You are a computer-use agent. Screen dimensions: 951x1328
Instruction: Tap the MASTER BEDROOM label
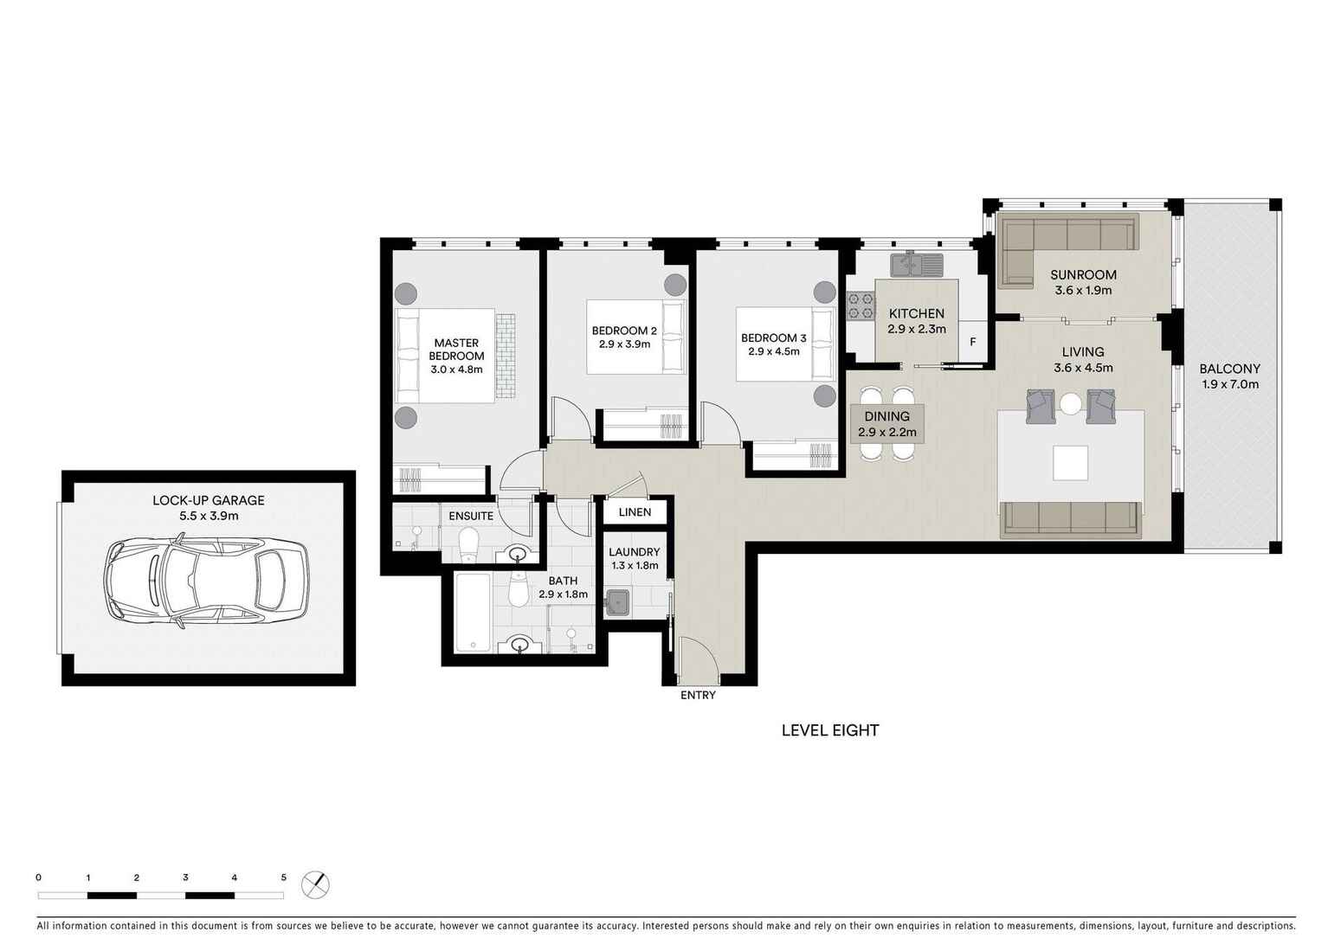coord(456,350)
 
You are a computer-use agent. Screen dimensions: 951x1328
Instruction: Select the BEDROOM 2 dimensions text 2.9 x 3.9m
coord(624,344)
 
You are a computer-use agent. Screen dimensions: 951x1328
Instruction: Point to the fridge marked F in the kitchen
coord(972,342)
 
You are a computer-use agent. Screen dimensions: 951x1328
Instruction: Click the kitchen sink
coord(914,262)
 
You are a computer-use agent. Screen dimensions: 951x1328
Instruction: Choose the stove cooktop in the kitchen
coord(861,306)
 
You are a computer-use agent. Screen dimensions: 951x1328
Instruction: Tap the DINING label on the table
coord(886,416)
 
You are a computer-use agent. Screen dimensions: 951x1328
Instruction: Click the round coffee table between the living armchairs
coord(1071,404)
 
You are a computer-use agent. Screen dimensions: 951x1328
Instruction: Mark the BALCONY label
coord(1229,369)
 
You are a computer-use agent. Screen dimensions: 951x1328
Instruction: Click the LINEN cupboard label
coord(635,512)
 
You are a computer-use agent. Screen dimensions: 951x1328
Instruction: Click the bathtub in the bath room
coord(472,612)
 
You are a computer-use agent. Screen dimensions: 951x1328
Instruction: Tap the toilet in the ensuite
coord(468,544)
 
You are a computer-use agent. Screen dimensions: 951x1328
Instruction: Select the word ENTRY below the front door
coord(698,695)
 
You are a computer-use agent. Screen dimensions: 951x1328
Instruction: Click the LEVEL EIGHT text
coord(829,730)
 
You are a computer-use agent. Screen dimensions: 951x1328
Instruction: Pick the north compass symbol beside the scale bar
coord(316,884)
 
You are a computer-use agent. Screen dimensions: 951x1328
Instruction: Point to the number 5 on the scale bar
coord(283,877)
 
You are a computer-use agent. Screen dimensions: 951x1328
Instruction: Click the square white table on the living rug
coord(1071,462)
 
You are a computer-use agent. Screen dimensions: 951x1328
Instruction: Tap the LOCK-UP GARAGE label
coord(208,500)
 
